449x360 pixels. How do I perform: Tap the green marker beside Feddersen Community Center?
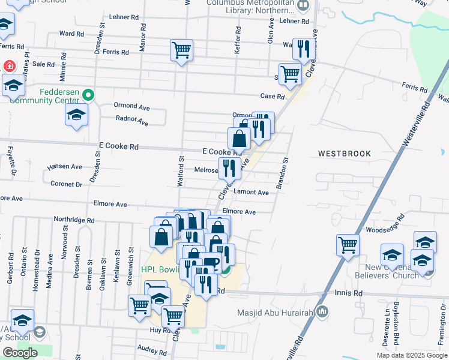[89, 95]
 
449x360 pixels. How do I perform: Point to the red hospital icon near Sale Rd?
[10, 66]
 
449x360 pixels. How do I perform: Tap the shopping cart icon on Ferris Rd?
[181, 50]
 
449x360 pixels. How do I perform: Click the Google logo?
[20, 353]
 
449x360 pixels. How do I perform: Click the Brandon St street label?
[282, 173]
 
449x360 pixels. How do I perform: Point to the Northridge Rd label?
[74, 220]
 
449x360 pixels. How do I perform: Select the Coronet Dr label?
[66, 184]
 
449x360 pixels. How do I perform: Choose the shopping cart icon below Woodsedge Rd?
[348, 245]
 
